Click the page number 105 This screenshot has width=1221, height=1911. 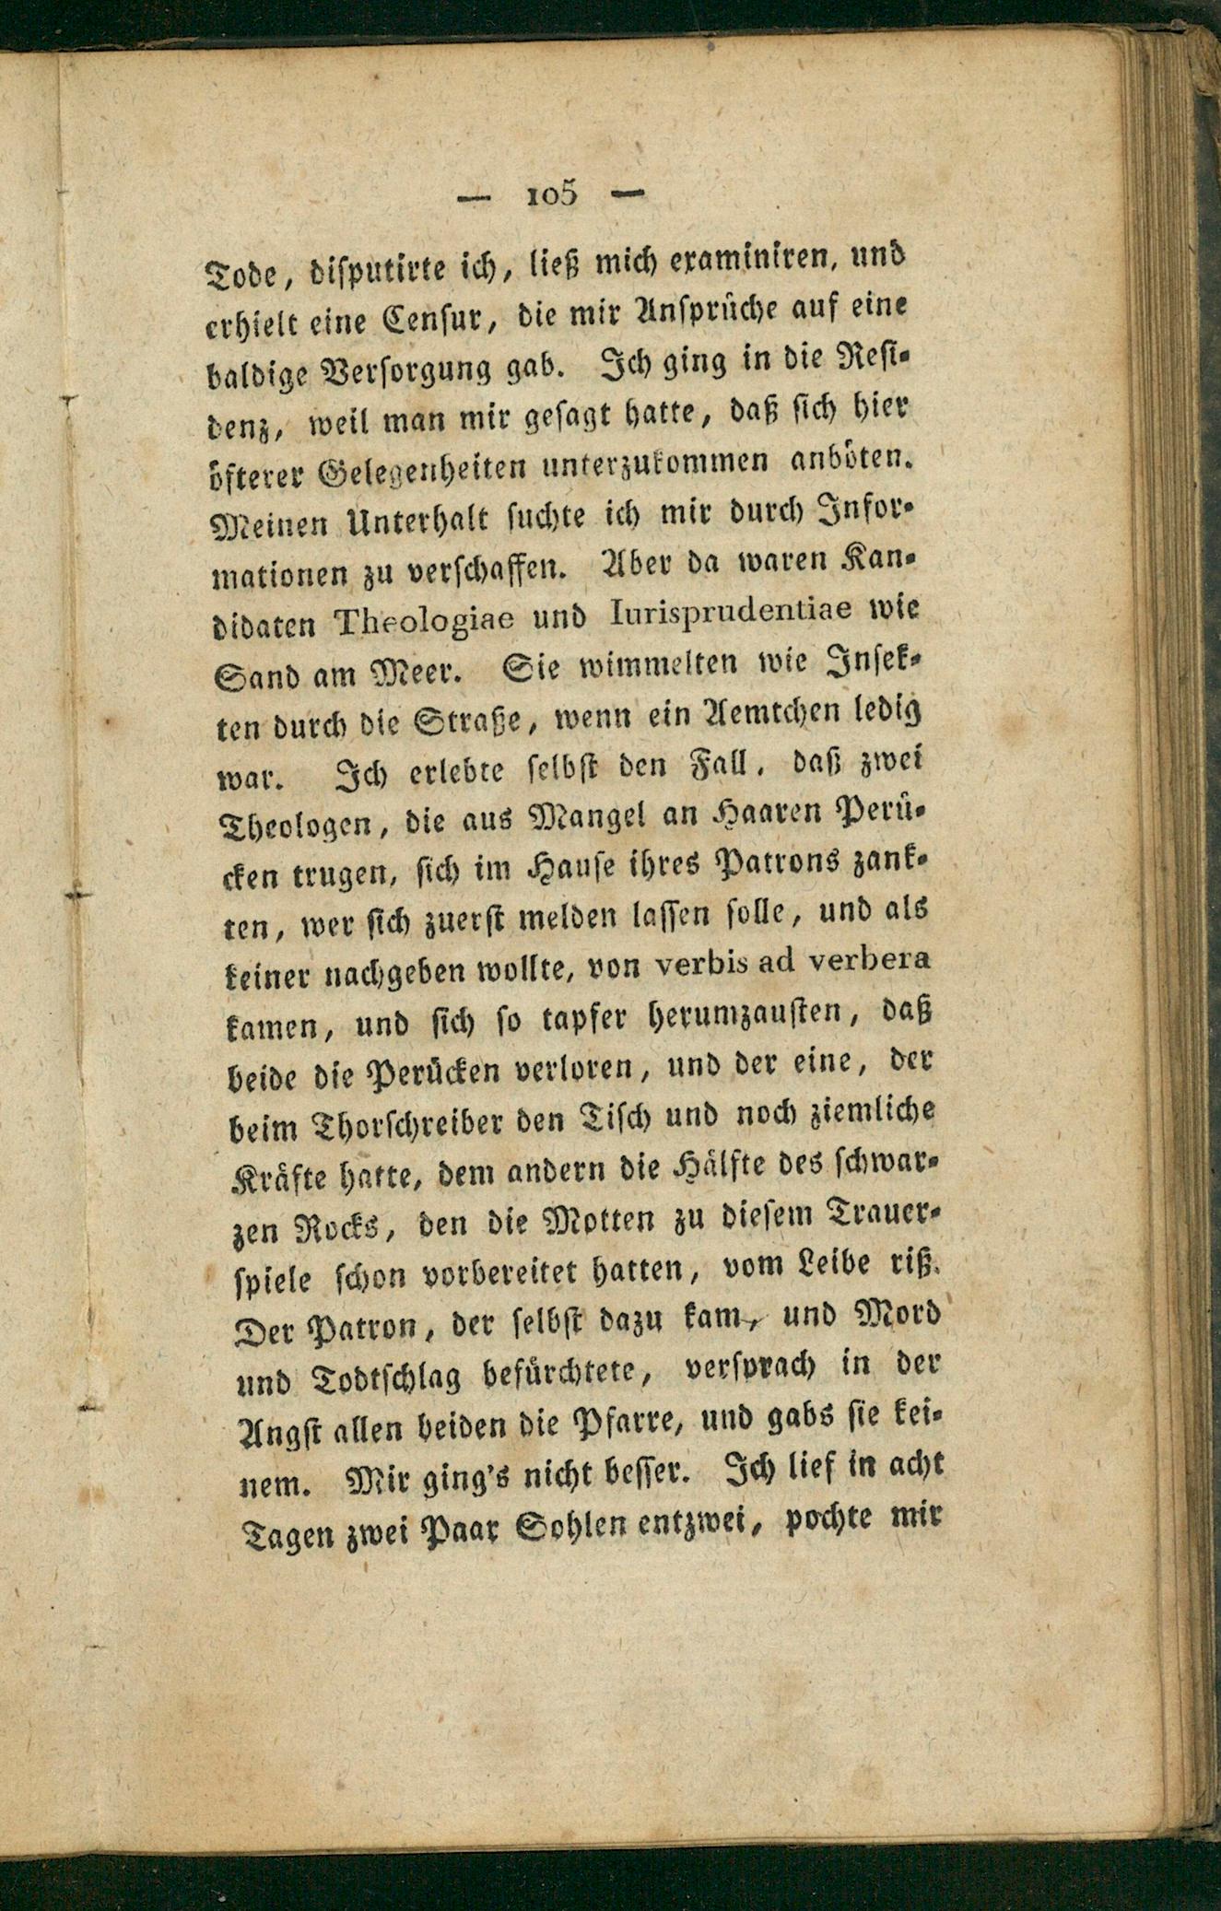(551, 194)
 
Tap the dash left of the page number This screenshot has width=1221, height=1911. (475, 196)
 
